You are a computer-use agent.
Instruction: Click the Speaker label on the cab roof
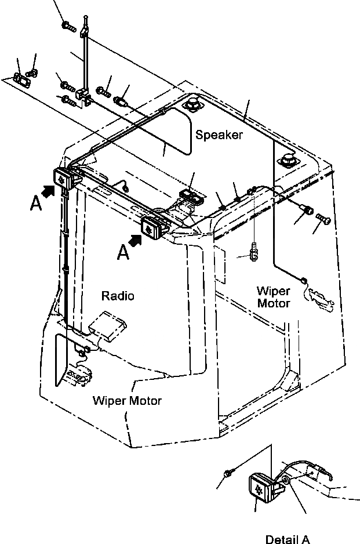[x=219, y=135]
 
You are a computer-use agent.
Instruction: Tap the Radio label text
[x=118, y=296]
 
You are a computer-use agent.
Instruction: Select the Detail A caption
[x=288, y=539]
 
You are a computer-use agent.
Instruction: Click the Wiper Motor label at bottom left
[x=127, y=400]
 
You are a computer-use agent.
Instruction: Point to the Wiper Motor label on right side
[x=273, y=296]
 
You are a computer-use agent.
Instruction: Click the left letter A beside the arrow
[x=36, y=204]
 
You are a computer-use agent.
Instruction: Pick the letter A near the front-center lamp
[x=123, y=252]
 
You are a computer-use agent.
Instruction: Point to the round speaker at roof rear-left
[x=192, y=104]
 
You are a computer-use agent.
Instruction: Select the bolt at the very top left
[x=69, y=25]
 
